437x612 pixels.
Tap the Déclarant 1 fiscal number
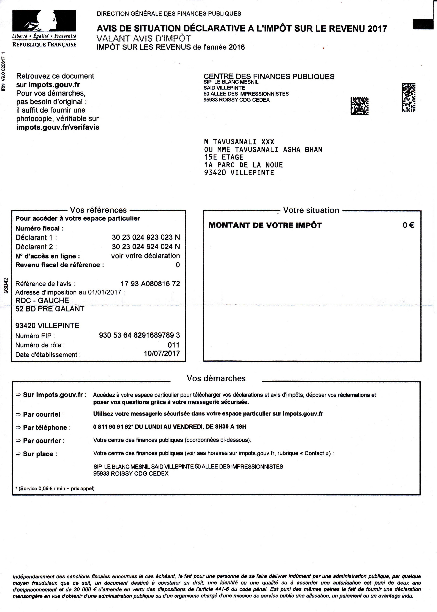pos(146,237)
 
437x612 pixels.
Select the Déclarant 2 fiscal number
pos(146,247)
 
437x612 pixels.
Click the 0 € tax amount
pos(408,225)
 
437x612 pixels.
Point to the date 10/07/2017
pos(162,353)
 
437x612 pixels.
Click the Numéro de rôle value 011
pos(173,345)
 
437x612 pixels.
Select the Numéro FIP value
pos(139,335)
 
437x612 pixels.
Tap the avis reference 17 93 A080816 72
pos(150,283)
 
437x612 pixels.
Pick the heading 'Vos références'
pos(98,210)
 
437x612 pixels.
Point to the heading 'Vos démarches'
pos(216,378)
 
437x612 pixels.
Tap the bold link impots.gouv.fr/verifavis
pos(58,127)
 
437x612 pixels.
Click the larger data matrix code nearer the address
pos(359,106)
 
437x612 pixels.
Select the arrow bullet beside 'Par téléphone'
pos(18,427)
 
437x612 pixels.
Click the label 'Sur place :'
pos(40,454)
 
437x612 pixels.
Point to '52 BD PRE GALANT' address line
pos(50,309)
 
